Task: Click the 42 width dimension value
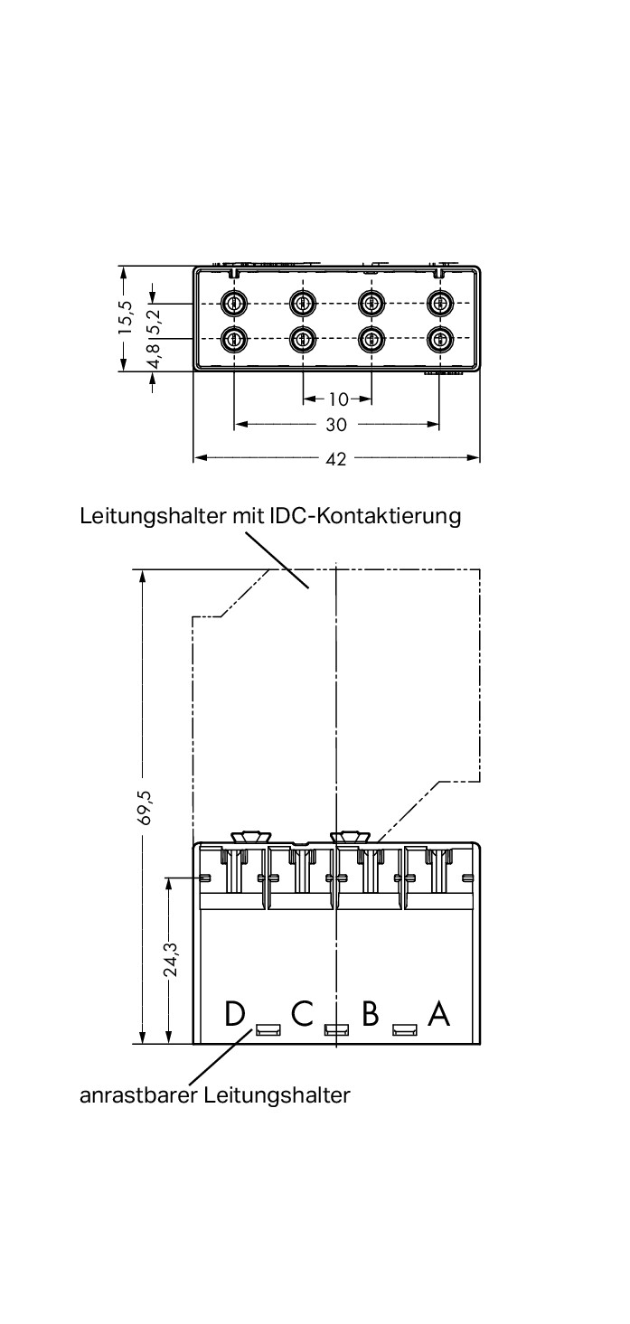click(336, 459)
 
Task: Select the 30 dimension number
click(336, 424)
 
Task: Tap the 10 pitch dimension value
click(337, 399)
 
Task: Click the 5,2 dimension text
click(153, 318)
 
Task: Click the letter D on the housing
click(235, 1014)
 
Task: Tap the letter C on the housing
click(302, 1014)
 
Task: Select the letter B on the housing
click(370, 1014)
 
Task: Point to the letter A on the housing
click(438, 1014)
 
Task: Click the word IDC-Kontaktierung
click(366, 516)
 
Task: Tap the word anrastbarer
click(138, 1095)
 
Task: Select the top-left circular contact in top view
click(235, 302)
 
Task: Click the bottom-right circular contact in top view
click(439, 339)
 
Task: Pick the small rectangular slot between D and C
click(268, 1029)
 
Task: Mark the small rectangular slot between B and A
click(404, 1029)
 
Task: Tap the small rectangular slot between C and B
click(336, 1029)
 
